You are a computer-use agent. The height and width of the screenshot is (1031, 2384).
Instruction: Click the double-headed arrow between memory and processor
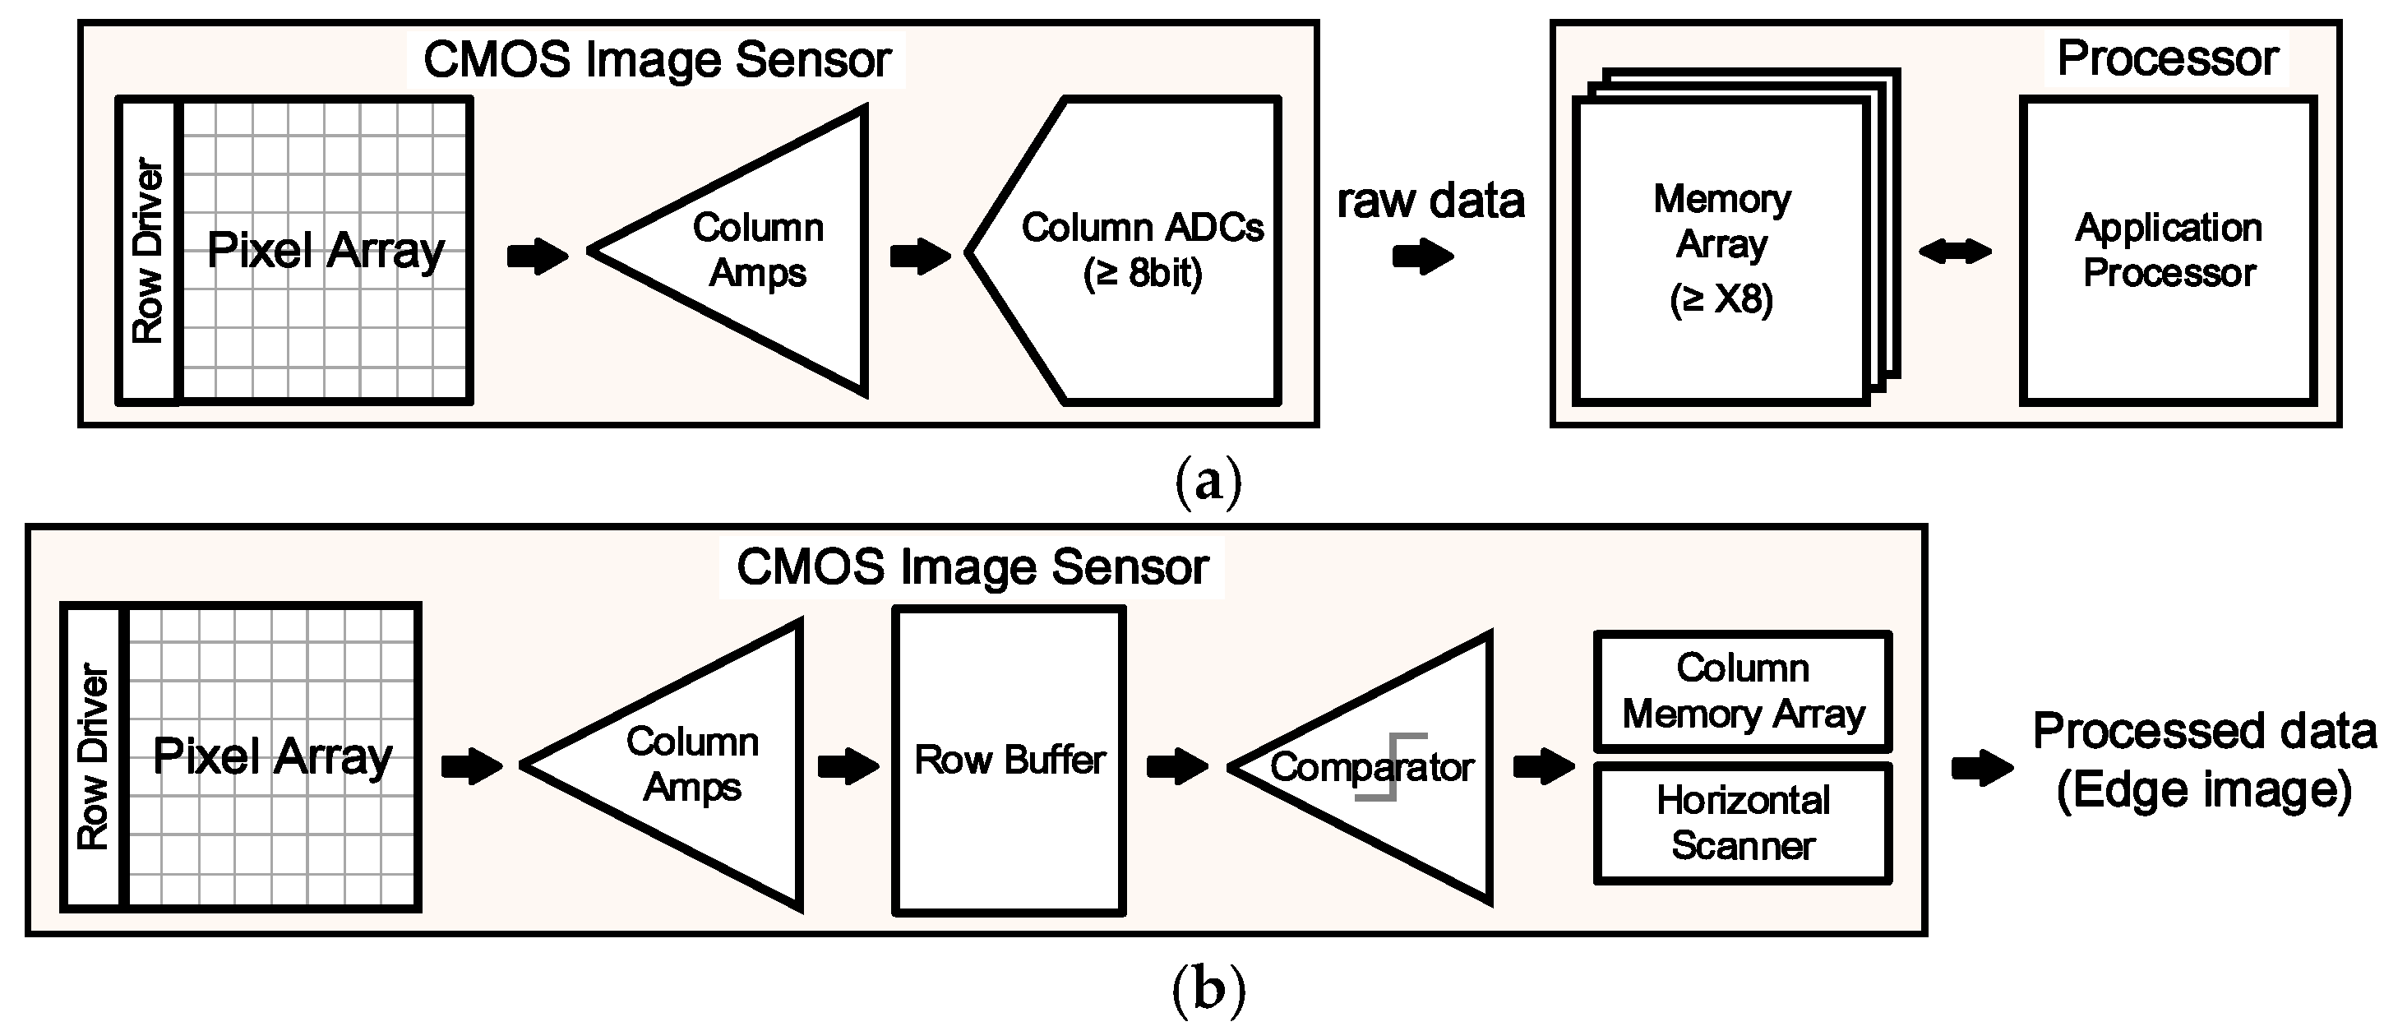pyautogui.click(x=1955, y=251)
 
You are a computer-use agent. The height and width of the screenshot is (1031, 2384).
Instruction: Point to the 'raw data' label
pyautogui.click(x=1430, y=201)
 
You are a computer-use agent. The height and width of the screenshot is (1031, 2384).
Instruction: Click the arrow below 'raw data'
pyautogui.click(x=1422, y=257)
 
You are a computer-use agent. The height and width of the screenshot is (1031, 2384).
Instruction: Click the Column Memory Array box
pyautogui.click(x=1743, y=691)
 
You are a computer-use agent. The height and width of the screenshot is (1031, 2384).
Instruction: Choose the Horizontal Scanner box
pyautogui.click(x=1743, y=823)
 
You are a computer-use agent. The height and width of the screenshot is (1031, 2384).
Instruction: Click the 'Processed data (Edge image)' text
pyautogui.click(x=2202, y=761)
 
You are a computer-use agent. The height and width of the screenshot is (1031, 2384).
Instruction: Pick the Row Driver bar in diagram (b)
pyautogui.click(x=93, y=757)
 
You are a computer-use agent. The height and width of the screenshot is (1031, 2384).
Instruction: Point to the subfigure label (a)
pyautogui.click(x=1208, y=480)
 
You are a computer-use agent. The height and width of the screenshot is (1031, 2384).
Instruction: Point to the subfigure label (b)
pyautogui.click(x=1208, y=989)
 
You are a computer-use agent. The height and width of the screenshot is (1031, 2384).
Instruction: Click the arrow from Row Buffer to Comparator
pyautogui.click(x=1176, y=766)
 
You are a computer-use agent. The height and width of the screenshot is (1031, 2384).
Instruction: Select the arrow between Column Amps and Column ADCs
pyautogui.click(x=919, y=257)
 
